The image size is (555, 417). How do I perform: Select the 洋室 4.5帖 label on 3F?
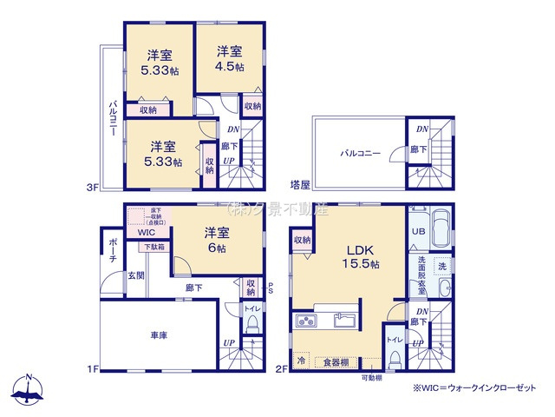point(230,57)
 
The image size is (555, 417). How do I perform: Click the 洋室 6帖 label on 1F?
point(217,240)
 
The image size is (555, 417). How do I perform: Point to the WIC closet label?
point(147,233)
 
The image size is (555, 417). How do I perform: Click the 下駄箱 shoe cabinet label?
point(154,248)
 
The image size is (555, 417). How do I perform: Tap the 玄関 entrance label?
point(137,275)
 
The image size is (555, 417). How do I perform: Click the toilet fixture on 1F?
point(252,325)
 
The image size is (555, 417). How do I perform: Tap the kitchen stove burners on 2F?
point(309,322)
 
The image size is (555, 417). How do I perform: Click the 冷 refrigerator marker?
point(301,360)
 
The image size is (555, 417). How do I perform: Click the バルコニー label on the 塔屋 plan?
point(360,153)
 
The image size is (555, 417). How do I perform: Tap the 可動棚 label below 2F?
point(372,378)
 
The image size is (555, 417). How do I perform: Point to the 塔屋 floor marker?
point(299,185)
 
